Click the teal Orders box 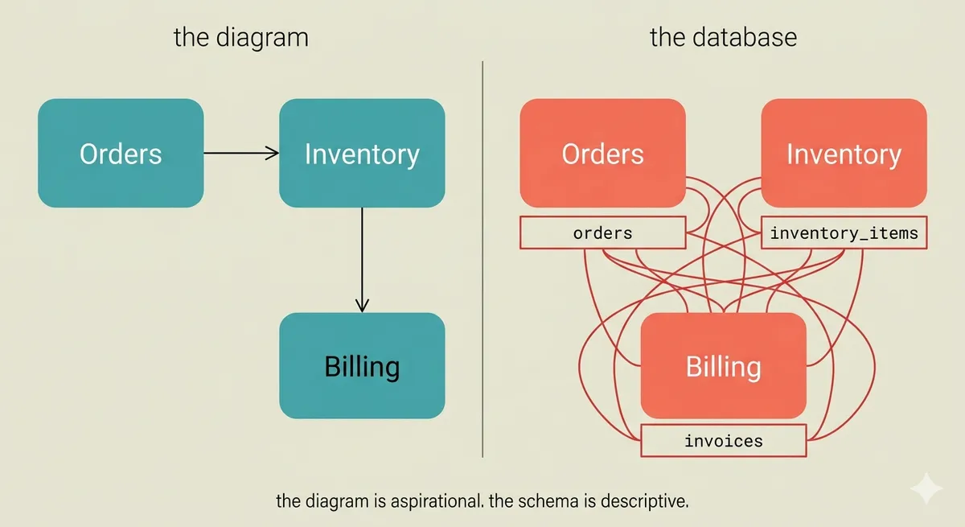[121, 153]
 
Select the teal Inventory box [362, 153]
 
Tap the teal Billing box [362, 366]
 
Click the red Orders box [602, 153]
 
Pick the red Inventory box [844, 153]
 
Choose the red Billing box [723, 366]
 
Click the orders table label [602, 233]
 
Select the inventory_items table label [844, 233]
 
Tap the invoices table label [723, 440]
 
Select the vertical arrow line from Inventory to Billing [362, 260]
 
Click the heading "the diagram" [241, 38]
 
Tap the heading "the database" [723, 37]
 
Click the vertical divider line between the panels [482, 259]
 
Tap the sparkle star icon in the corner [926, 488]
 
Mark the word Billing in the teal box [362, 368]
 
